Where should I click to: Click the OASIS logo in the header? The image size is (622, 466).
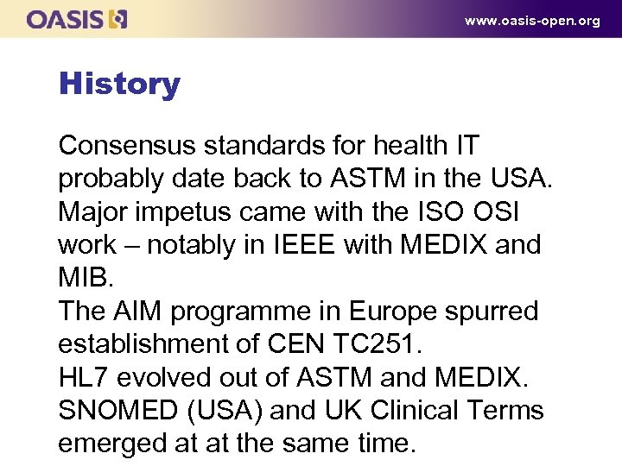coord(77,18)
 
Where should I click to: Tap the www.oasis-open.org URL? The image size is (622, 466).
coord(532,21)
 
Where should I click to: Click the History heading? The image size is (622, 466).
coord(119,84)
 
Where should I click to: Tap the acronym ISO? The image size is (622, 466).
coord(439,211)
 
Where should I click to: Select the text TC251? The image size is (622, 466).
coord(378,343)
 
